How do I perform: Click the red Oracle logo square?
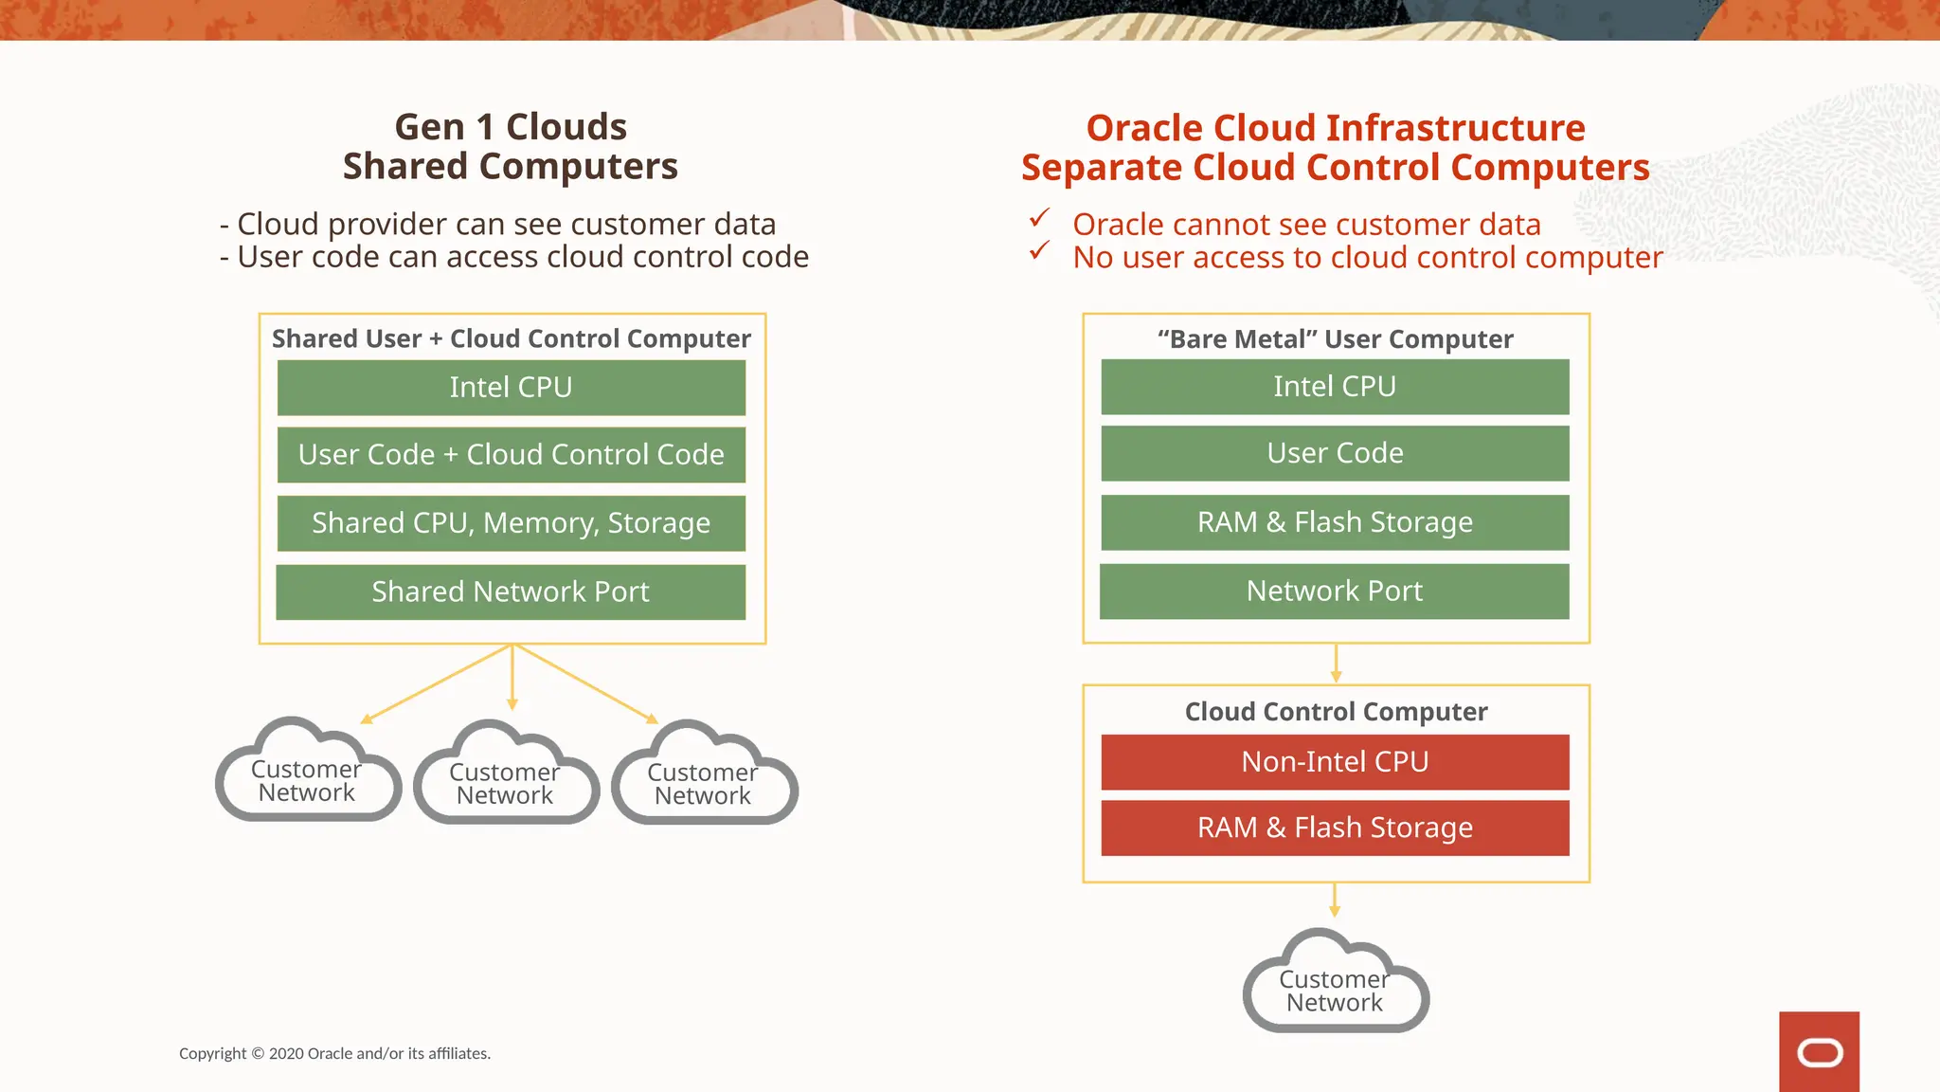(1819, 1051)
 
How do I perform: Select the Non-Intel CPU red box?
(1335, 762)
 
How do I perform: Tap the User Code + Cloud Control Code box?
(511, 455)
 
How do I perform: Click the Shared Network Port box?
(511, 592)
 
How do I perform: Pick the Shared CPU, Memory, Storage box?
(511, 523)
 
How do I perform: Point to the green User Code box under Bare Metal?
(1335, 453)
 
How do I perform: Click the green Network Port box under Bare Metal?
(1335, 591)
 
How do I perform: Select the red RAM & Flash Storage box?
(1335, 828)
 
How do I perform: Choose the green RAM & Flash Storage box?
(1335, 522)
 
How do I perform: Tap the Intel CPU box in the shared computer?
(511, 388)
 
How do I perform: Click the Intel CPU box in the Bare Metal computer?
(1335, 387)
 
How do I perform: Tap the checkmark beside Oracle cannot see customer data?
(1039, 219)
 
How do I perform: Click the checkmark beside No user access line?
(1039, 251)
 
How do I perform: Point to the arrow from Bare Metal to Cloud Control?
(1336, 664)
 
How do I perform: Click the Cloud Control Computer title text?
(1336, 712)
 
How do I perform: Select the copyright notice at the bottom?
(334, 1053)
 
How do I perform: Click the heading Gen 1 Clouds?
(511, 127)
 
